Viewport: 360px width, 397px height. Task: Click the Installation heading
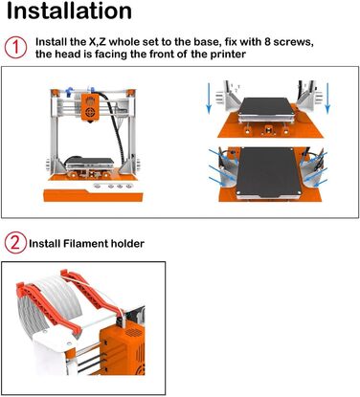69,11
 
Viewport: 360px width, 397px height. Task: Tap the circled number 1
15,48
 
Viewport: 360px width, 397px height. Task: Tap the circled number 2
15,243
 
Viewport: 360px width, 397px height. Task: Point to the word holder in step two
127,244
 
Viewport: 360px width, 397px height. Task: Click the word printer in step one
228,54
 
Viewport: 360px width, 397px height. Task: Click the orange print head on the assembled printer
89,108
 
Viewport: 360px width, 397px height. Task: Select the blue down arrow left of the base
209,98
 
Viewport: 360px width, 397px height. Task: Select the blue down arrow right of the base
327,98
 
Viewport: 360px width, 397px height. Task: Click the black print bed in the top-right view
265,107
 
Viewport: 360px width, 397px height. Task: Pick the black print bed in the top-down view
269,171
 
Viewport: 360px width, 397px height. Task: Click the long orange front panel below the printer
93,195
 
